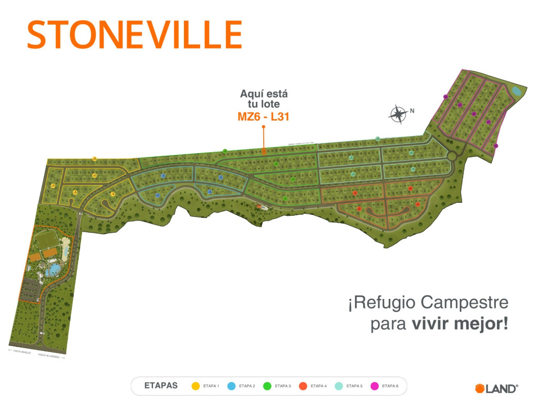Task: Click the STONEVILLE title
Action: point(134,34)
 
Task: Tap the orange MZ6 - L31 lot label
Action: point(264,117)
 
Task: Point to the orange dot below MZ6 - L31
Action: point(264,127)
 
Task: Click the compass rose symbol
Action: point(398,114)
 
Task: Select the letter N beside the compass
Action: point(412,111)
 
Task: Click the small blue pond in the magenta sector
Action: point(516,91)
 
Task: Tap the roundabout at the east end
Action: point(451,156)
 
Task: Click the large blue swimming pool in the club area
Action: point(53,271)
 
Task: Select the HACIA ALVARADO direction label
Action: point(51,356)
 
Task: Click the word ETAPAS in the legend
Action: point(161,386)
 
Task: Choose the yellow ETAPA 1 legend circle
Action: point(195,386)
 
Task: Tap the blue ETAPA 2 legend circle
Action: point(231,386)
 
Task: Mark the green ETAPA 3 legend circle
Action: point(267,386)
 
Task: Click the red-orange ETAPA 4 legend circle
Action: point(303,386)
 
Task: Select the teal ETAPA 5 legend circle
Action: point(339,386)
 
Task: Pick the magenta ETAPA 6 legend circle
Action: point(375,386)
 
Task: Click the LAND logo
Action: point(496,388)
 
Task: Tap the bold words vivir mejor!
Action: point(460,323)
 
